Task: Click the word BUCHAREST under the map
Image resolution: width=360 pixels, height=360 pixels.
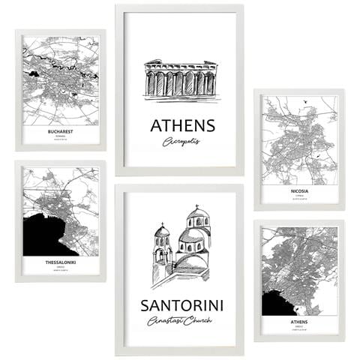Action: pyautogui.click(x=60, y=131)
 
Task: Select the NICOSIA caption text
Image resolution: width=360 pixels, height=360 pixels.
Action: pyautogui.click(x=298, y=190)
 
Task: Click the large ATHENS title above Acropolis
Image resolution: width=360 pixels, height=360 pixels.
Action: pyautogui.click(x=182, y=125)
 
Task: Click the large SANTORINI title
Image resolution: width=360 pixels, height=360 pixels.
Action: pyautogui.click(x=181, y=305)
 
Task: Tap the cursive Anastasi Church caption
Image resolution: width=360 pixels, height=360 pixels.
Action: pyautogui.click(x=181, y=321)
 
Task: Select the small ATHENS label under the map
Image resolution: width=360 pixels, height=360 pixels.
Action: pyautogui.click(x=298, y=321)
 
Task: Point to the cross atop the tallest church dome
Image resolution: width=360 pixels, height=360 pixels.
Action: pyautogui.click(x=196, y=206)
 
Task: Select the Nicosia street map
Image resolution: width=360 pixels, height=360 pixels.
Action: pyautogui.click(x=298, y=139)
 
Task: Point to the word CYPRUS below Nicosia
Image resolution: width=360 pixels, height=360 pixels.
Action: pyautogui.click(x=298, y=196)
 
